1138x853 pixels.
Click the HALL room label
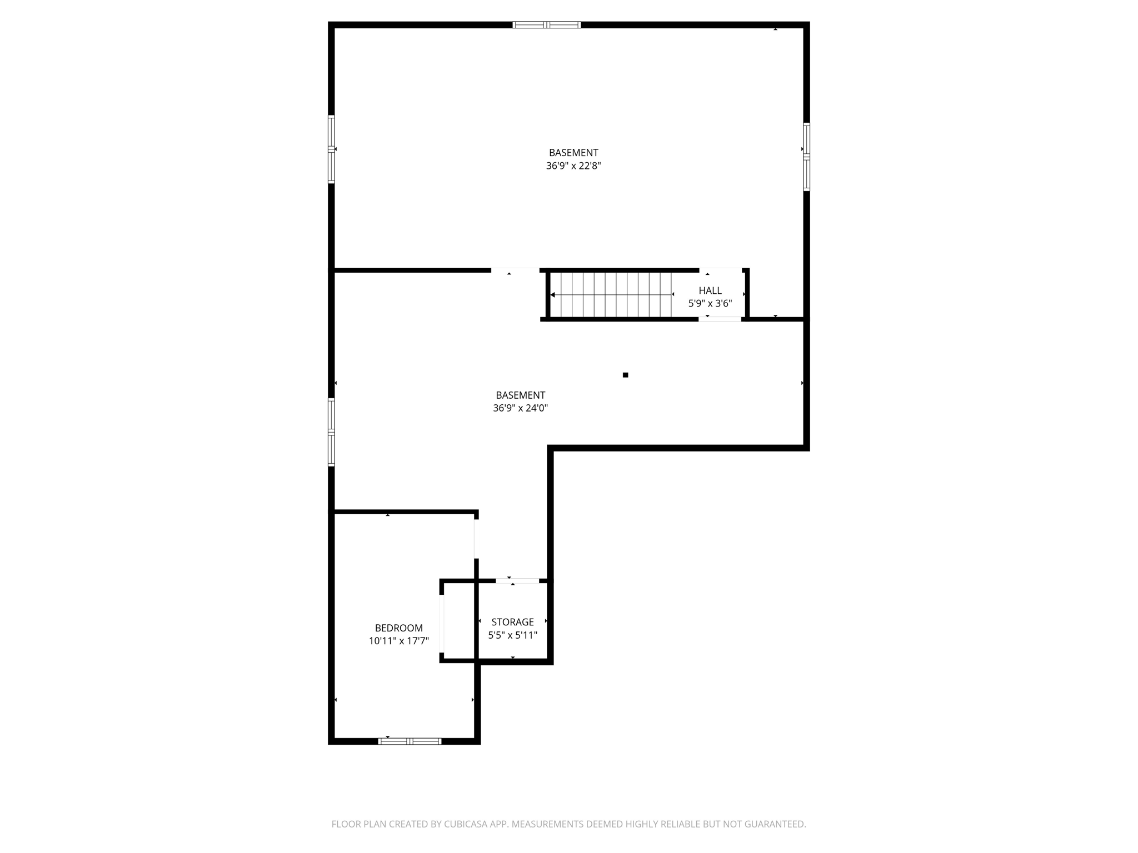click(710, 290)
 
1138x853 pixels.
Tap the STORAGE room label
click(512, 622)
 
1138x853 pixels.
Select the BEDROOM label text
click(398, 628)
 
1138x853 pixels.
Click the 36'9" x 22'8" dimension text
click(573, 165)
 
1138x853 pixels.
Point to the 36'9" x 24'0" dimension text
click(520, 408)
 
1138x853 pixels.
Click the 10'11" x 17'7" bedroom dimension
click(398, 641)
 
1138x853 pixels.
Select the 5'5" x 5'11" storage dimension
click(512, 635)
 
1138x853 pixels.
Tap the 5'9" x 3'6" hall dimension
click(710, 304)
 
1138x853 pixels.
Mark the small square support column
click(625, 375)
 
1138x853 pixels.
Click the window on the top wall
click(546, 24)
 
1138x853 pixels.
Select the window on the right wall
click(806, 157)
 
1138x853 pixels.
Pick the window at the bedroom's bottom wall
click(410, 741)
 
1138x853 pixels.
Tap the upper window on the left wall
click(331, 149)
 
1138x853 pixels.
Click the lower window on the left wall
click(331, 431)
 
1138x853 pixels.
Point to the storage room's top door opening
click(517, 581)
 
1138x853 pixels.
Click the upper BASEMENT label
click(573, 153)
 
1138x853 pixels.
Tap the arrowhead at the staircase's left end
click(552, 295)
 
